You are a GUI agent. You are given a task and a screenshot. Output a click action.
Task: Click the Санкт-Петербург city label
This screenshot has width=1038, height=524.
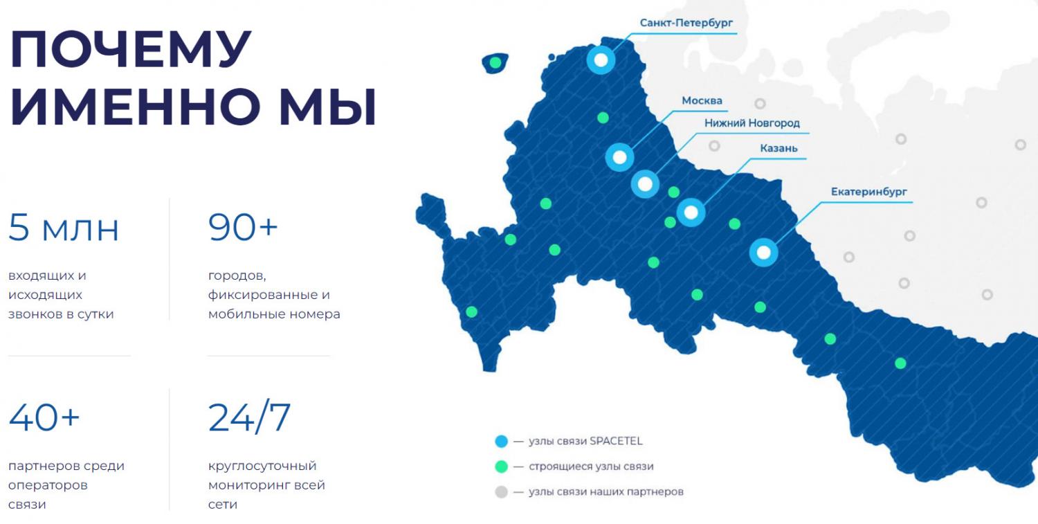click(x=686, y=23)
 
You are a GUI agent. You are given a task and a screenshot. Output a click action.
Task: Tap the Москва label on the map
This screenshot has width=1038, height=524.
click(x=702, y=100)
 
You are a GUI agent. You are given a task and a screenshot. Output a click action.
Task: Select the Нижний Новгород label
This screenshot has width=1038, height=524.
click(x=752, y=123)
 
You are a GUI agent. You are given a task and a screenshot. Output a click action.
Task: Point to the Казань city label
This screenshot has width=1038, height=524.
click(x=778, y=148)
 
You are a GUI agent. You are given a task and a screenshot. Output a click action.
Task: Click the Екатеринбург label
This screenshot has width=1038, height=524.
click(x=869, y=192)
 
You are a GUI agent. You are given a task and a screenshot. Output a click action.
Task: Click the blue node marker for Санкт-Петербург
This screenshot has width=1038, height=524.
click(x=601, y=60)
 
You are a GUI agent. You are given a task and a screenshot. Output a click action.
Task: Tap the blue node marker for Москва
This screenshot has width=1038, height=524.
click(x=619, y=157)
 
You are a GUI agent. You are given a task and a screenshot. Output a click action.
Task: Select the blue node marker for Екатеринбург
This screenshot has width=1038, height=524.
click(x=764, y=253)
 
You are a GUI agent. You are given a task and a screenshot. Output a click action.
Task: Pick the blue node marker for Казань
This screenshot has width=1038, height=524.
click(x=691, y=213)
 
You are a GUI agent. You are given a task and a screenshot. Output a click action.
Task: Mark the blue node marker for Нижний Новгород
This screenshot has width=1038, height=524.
click(x=645, y=184)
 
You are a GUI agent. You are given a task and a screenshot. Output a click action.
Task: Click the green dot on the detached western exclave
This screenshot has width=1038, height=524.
click(x=495, y=62)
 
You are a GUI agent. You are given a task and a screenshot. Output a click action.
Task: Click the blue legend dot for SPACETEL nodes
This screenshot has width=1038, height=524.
click(x=502, y=441)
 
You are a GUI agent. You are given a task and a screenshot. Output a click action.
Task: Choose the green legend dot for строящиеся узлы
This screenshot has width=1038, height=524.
click(x=502, y=467)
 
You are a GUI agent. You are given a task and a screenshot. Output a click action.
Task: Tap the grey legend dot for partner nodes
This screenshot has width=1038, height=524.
click(x=502, y=491)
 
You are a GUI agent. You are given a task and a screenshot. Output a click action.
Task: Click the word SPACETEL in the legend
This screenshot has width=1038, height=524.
click(x=616, y=441)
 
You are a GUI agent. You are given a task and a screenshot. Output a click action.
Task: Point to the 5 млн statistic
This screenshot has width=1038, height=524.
click(x=64, y=228)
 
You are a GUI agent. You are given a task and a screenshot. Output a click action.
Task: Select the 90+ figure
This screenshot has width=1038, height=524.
click(x=243, y=227)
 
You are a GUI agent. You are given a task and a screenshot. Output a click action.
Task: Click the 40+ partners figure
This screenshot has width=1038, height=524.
click(x=44, y=417)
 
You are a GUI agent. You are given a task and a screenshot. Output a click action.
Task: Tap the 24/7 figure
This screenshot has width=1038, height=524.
click(x=249, y=417)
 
